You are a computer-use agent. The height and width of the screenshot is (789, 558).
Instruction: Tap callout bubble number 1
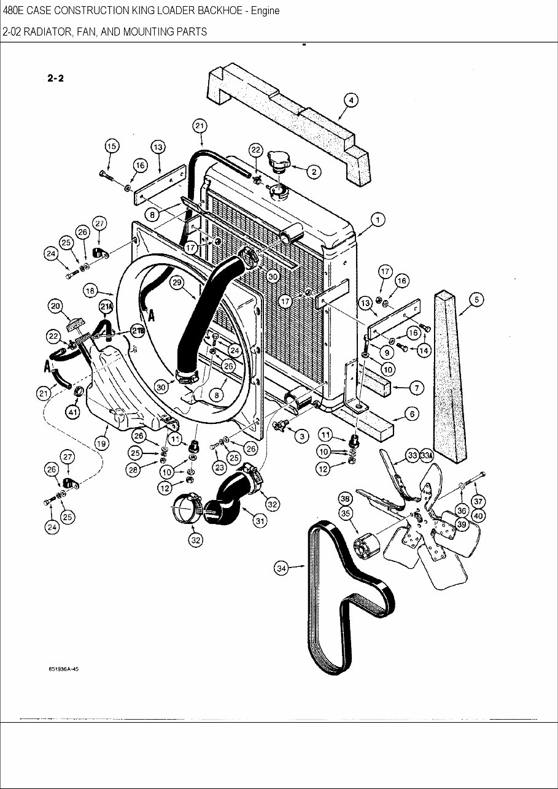(x=378, y=220)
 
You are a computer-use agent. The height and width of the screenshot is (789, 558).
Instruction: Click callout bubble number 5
(x=476, y=300)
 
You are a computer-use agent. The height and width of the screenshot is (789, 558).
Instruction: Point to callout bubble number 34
(x=281, y=569)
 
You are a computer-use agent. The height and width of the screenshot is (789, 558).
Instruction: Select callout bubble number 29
(x=177, y=282)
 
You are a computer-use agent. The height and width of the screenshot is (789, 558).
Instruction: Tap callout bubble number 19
(x=101, y=442)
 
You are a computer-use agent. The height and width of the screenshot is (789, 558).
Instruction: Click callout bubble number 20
(x=55, y=306)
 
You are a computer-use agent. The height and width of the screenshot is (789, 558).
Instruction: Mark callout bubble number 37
(x=478, y=502)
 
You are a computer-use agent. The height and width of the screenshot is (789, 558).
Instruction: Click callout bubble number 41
(x=73, y=413)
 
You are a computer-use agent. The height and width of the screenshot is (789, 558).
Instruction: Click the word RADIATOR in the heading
(x=44, y=31)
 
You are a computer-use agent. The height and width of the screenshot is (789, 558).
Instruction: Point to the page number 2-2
(x=55, y=78)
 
